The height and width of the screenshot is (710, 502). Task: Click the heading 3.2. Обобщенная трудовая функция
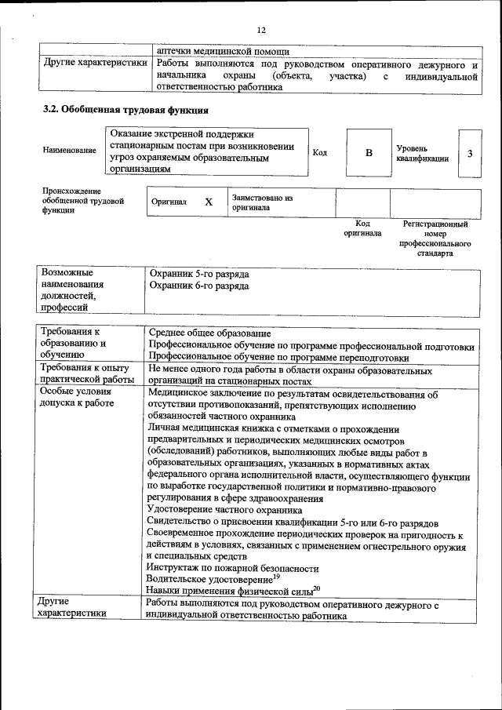coord(125,110)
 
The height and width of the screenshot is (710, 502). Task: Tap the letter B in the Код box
coord(369,152)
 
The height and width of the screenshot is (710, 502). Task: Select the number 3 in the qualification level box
coord(469,152)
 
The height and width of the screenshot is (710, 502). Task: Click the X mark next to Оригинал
coord(209,202)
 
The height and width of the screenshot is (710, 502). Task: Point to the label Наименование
coord(71,150)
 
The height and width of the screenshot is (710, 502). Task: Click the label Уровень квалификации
coord(423,153)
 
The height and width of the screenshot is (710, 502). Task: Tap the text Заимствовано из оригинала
coord(262,203)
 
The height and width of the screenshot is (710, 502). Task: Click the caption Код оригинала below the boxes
coord(362,228)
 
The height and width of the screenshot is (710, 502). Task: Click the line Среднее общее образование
coord(209,336)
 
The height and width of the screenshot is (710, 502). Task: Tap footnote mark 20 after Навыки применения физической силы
coord(316,588)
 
